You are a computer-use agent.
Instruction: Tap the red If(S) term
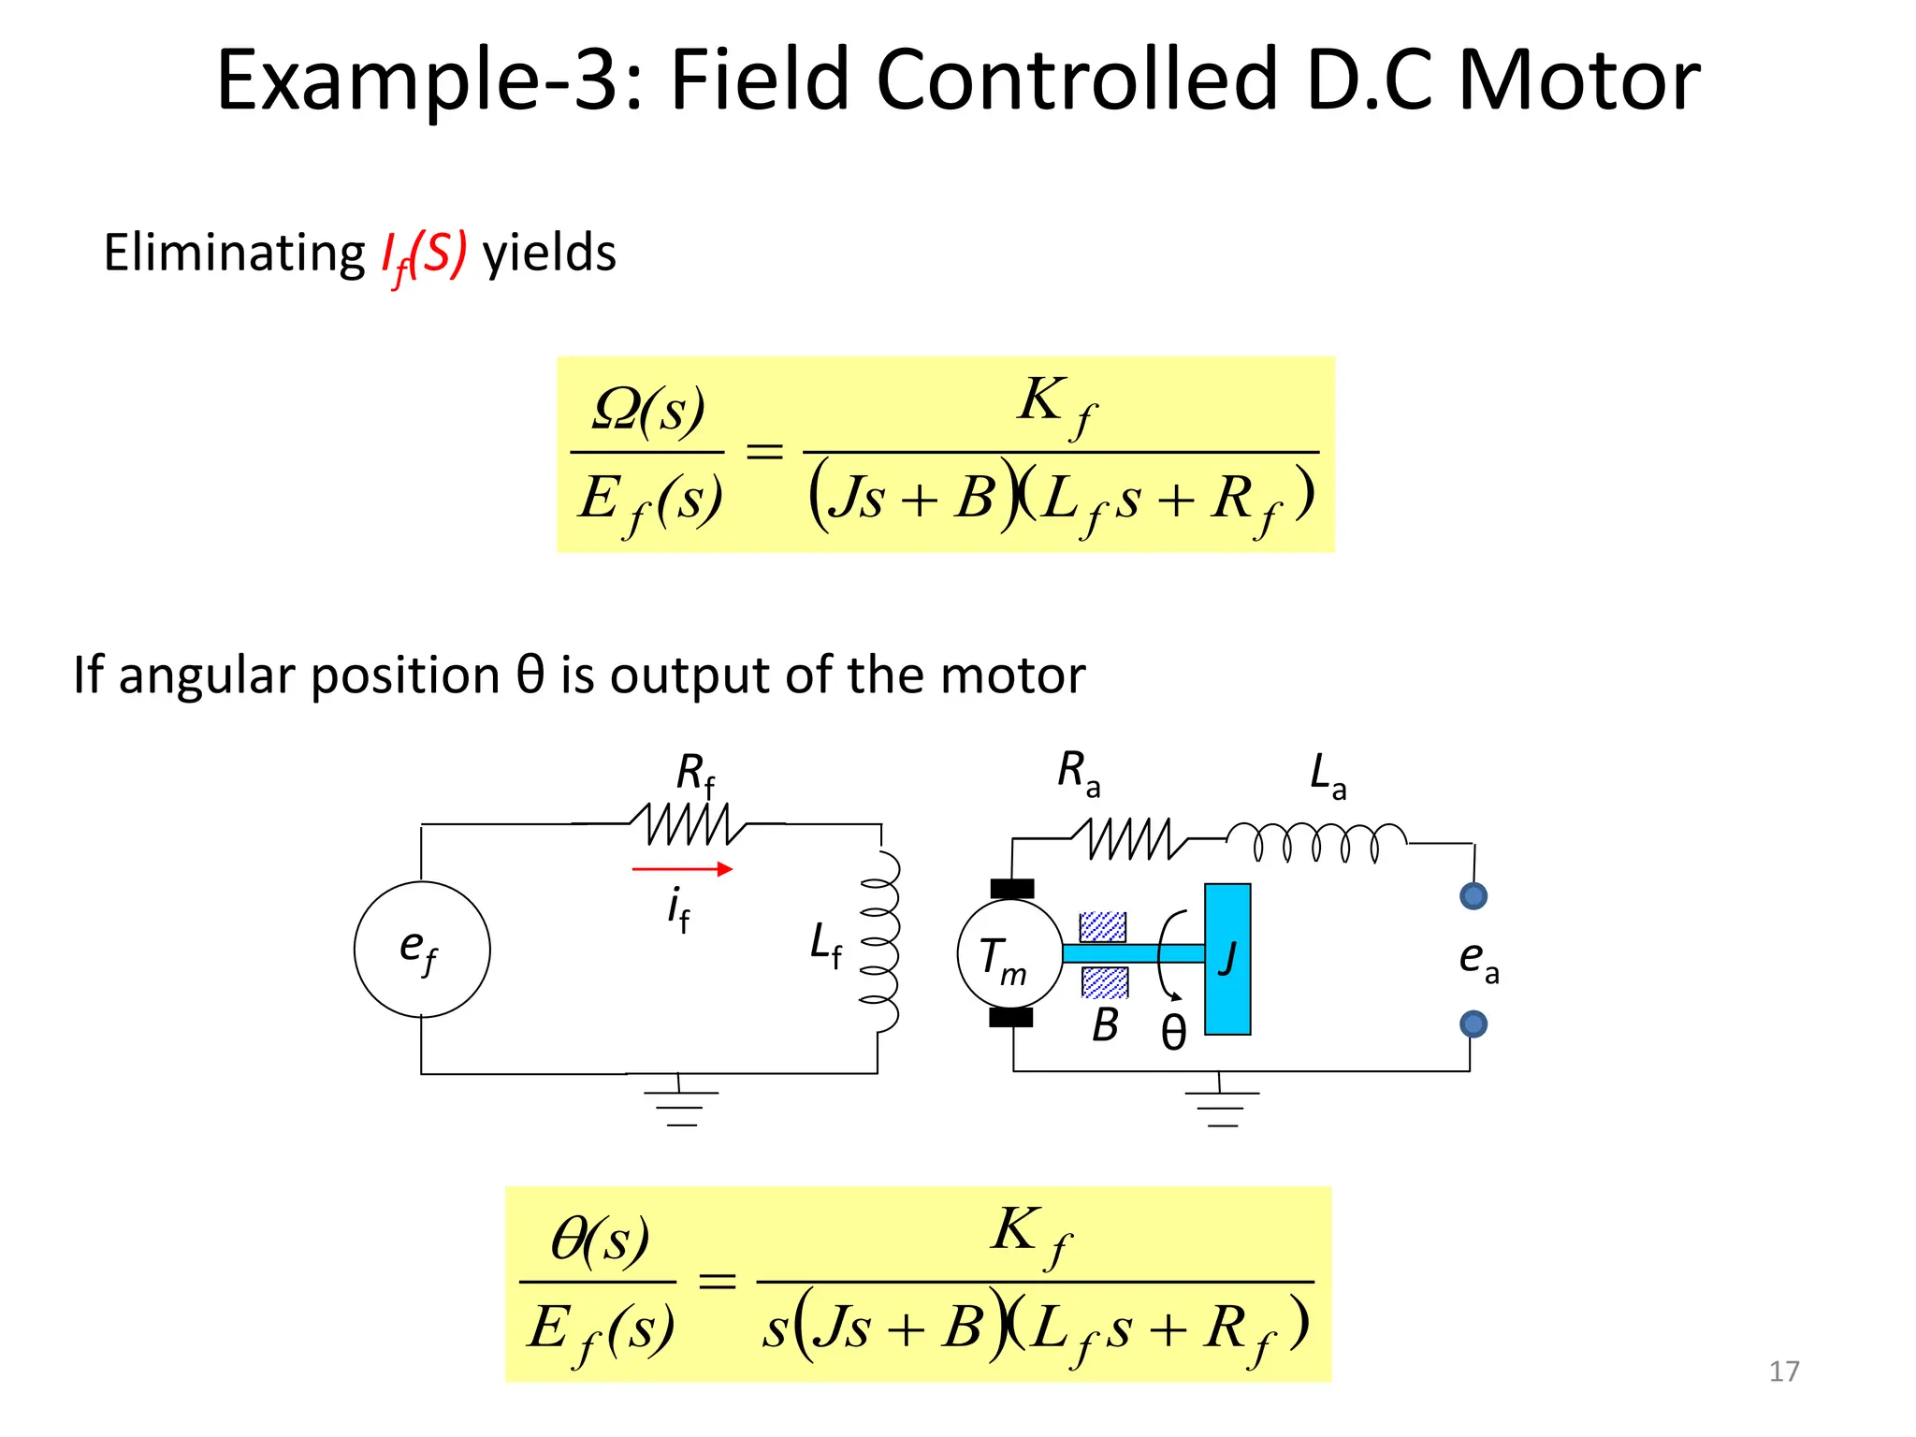click(423, 254)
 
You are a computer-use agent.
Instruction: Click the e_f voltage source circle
click(422, 949)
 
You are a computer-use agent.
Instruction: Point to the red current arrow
click(682, 869)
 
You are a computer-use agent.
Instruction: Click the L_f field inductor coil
click(881, 941)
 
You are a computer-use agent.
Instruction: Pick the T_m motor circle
click(1009, 953)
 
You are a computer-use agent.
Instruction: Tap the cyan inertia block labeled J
click(1227, 959)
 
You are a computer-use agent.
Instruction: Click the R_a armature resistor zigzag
click(1129, 838)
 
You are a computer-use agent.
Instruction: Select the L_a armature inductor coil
click(1315, 841)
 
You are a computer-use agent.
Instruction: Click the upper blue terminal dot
click(1473, 896)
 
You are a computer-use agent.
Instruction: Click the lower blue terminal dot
click(1473, 1024)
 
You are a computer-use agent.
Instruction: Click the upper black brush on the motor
click(1012, 889)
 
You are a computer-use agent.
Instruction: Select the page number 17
click(1784, 1372)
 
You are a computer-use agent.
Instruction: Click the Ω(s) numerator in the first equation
click(648, 410)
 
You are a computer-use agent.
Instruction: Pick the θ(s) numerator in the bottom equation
click(600, 1241)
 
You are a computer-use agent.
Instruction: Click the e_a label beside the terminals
click(1478, 960)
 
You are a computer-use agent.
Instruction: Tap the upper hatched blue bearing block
click(1103, 926)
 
